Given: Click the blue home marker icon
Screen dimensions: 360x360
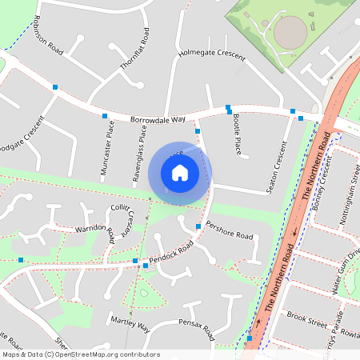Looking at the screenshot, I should pos(180,172).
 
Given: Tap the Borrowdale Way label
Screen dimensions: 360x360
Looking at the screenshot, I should pos(158,118).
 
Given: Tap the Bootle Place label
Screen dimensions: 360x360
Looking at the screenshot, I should pos(237,134).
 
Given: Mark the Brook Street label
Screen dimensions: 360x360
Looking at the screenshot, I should pos(306,319).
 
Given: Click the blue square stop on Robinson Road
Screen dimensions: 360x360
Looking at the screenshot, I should pos(55,86).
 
